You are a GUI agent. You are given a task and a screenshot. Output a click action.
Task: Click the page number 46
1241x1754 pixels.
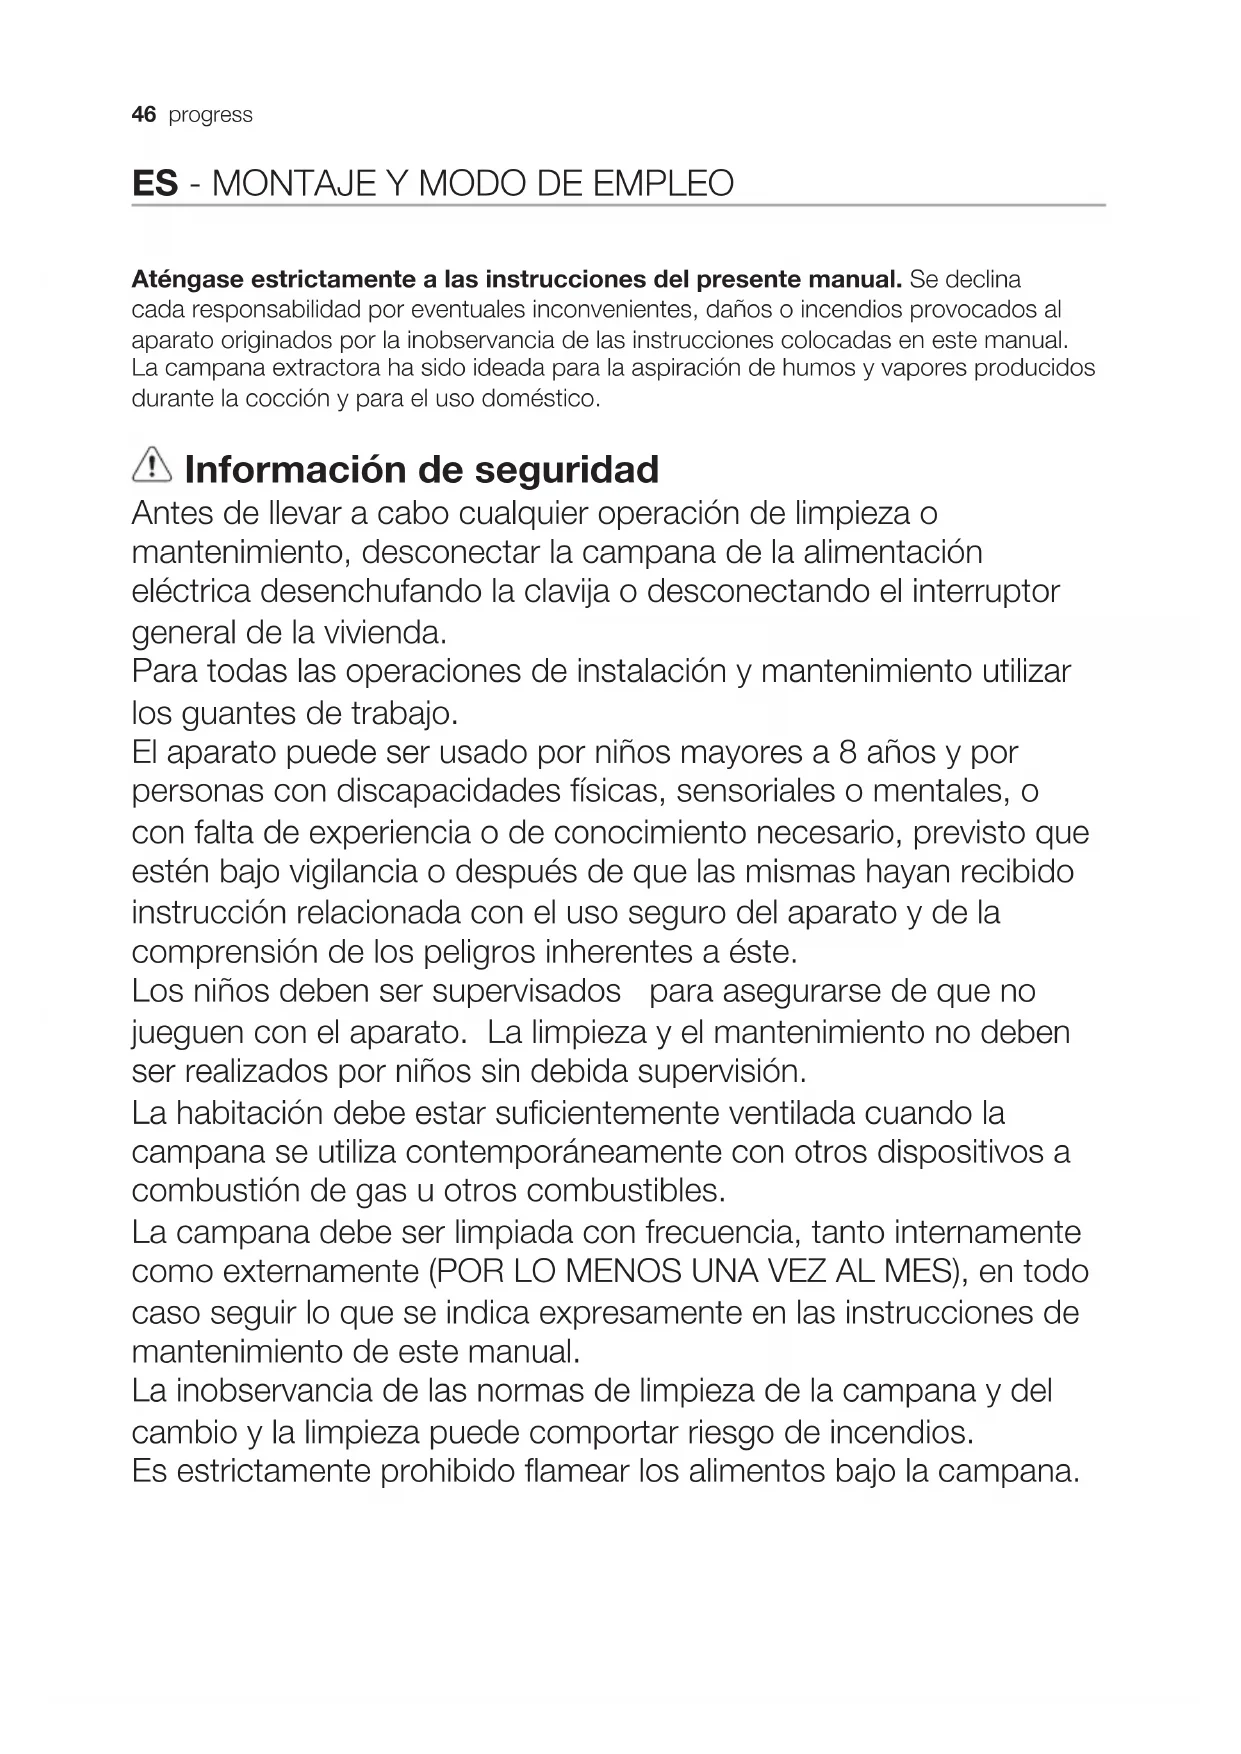click(144, 115)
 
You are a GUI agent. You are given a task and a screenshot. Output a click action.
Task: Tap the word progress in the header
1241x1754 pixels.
click(211, 116)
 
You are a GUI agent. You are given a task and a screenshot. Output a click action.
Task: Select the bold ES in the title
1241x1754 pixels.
click(155, 184)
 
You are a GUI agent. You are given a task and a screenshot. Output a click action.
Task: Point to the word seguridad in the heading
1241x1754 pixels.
click(566, 469)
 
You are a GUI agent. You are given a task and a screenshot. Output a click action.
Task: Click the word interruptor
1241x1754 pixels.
click(985, 592)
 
